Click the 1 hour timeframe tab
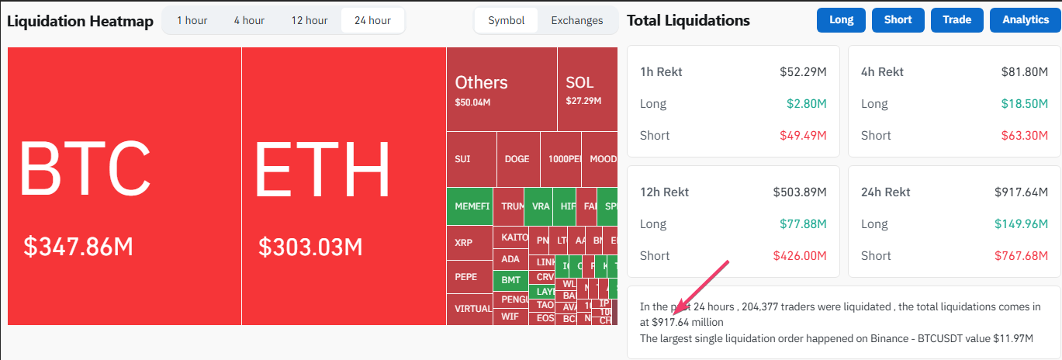click(192, 20)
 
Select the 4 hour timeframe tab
click(249, 20)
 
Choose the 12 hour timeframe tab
click(309, 20)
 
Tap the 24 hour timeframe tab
click(372, 20)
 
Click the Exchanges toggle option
click(576, 20)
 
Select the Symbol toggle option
click(506, 20)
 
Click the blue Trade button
click(956, 20)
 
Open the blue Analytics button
click(1025, 20)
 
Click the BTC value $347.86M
click(78, 247)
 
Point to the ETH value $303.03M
click(310, 247)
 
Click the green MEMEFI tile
click(469, 206)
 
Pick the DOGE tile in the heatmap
click(517, 159)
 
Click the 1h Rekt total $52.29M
click(803, 72)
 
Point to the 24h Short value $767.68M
click(1023, 255)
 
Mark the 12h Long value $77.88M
click(803, 224)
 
